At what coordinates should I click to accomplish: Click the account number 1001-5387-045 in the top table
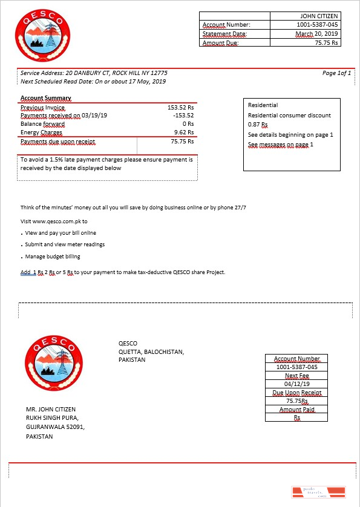[x=318, y=25]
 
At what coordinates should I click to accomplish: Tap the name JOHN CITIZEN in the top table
[x=319, y=16]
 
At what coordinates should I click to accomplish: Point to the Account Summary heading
[x=46, y=98]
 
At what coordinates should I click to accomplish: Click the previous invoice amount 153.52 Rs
[x=180, y=107]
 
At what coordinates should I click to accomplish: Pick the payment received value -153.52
[x=183, y=116]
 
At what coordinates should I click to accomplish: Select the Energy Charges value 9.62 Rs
[x=183, y=132]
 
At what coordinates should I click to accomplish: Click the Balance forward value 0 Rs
[x=188, y=123]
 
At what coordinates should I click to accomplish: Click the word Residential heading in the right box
[x=263, y=105]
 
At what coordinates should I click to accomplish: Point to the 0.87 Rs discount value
[x=258, y=124]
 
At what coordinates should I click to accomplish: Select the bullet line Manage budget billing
[x=53, y=257]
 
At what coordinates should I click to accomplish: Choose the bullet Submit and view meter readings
[x=65, y=244]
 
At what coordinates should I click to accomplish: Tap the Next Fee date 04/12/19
[x=296, y=384]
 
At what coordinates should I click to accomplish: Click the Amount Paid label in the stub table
[x=296, y=410]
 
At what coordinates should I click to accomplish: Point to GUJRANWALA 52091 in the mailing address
[x=56, y=427]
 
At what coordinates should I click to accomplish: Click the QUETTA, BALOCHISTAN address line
[x=151, y=352]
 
